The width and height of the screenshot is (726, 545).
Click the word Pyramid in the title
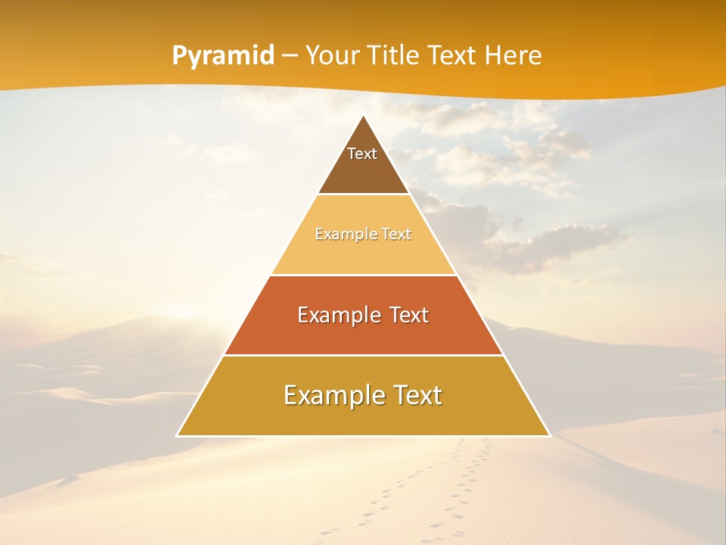pos(223,56)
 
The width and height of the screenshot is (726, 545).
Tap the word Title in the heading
pos(396,56)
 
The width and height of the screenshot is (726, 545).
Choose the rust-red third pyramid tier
pos(364,333)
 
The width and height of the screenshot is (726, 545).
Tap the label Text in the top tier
pos(362,154)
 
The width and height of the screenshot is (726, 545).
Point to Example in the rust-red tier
pos(337,315)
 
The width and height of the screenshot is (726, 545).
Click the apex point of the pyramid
pos(364,117)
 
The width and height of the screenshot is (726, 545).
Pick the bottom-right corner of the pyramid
pos(549,435)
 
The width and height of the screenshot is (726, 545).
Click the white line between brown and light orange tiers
pos(364,195)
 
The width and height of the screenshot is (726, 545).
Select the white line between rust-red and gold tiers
pos(364,355)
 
